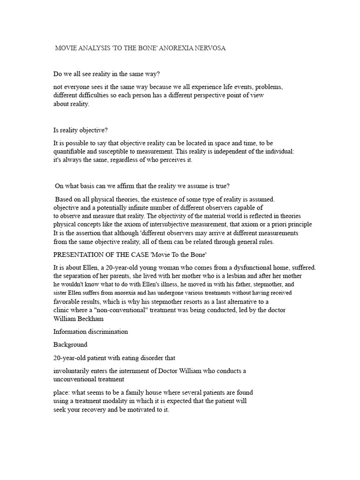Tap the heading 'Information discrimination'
pyautogui.click(x=90, y=331)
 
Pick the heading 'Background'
pyautogui.click(x=71, y=345)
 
